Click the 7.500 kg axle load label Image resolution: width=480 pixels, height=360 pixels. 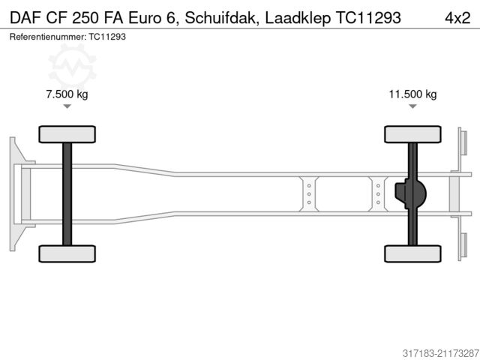click(67, 94)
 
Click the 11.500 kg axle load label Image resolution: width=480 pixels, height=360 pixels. click(412, 94)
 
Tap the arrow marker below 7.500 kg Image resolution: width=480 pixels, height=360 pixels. click(67, 106)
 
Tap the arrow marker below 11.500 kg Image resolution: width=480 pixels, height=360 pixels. click(412, 106)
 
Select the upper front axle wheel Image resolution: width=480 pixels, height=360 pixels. click(66, 134)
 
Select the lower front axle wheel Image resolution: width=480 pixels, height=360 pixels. click(66, 253)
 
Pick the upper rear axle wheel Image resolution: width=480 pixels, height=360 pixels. click(412, 134)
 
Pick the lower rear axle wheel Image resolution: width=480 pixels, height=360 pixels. click(412, 253)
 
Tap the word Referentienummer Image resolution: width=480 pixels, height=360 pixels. click(46, 36)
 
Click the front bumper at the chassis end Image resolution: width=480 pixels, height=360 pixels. click(14, 193)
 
